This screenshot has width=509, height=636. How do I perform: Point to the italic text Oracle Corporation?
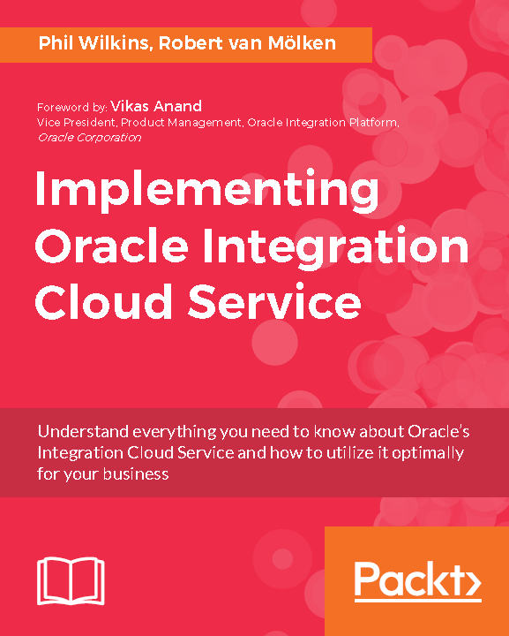click(x=89, y=137)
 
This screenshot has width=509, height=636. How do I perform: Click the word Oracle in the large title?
click(x=110, y=248)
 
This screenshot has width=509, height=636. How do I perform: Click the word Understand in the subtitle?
click(x=81, y=433)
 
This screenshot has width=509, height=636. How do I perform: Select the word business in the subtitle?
click(x=133, y=473)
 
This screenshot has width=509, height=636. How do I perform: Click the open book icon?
click(x=71, y=581)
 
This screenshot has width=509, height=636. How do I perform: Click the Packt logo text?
click(x=407, y=580)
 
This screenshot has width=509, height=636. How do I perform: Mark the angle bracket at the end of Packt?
click(x=468, y=582)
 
